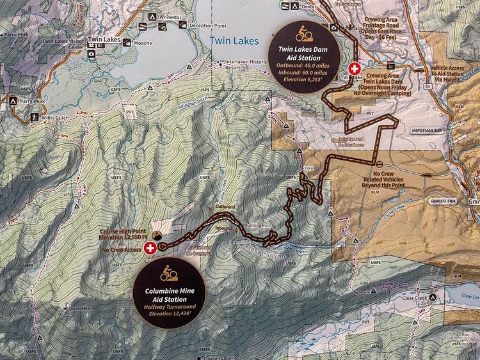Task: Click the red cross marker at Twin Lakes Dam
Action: tap(354, 68)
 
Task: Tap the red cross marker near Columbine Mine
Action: tap(150, 248)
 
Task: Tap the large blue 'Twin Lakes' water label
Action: tap(234, 41)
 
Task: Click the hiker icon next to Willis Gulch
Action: tap(34, 117)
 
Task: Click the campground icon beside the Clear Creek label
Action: tap(433, 298)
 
